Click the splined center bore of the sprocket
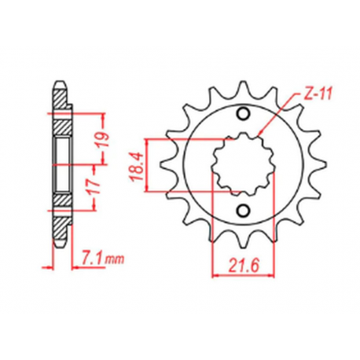tap(242, 163)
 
